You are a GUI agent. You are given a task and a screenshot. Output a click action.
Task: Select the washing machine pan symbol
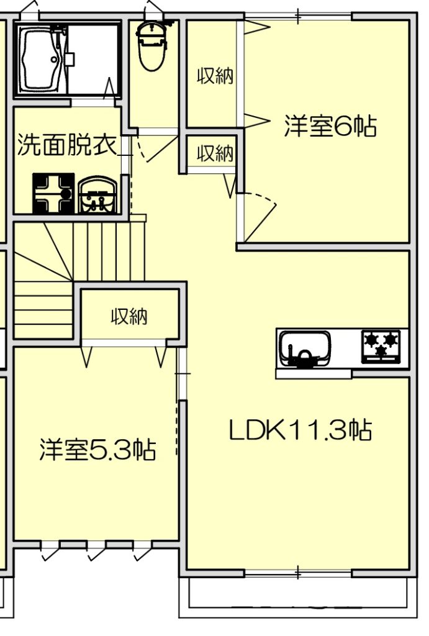click(x=53, y=194)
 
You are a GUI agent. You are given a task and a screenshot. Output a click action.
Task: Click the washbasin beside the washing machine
click(x=98, y=196)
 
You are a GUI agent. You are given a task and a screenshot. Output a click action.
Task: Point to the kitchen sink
click(x=304, y=350)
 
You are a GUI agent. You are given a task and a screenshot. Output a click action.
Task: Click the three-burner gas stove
click(x=381, y=346)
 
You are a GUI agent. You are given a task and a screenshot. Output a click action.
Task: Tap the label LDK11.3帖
click(x=300, y=430)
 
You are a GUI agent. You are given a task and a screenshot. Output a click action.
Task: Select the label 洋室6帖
click(x=330, y=127)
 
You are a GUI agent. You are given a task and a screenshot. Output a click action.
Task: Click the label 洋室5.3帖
click(x=97, y=449)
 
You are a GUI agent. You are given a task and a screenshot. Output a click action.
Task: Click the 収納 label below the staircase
click(x=129, y=317)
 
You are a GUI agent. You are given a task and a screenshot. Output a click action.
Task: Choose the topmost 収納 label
click(x=215, y=76)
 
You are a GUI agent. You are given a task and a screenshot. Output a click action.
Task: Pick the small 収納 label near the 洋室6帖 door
click(x=215, y=153)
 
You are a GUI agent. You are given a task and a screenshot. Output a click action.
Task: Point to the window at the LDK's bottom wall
click(x=298, y=571)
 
